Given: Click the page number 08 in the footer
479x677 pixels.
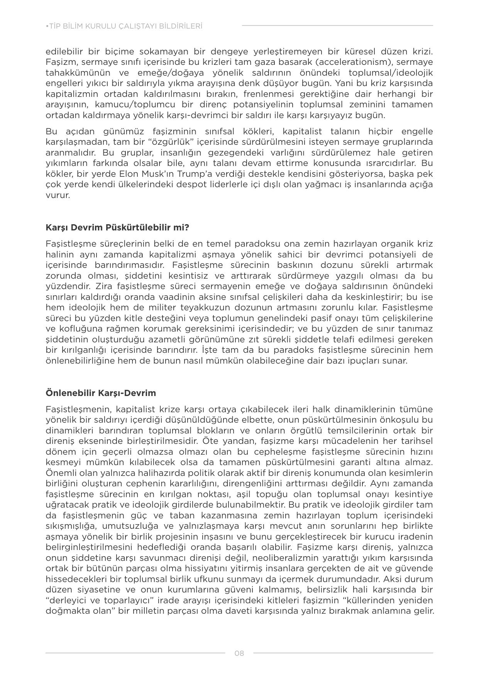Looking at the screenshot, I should coord(239,653).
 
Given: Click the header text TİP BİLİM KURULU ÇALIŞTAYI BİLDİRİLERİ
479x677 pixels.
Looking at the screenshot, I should coord(124,26).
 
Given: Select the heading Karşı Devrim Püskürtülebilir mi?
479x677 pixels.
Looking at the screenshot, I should coord(117,227).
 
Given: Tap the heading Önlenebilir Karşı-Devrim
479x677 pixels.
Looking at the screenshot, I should coord(101,393).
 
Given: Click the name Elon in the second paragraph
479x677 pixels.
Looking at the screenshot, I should coord(129,174).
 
